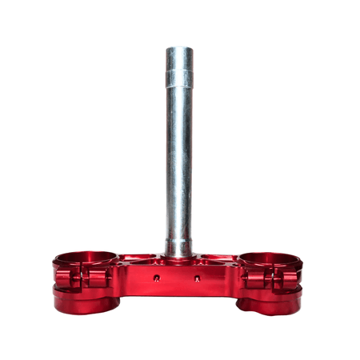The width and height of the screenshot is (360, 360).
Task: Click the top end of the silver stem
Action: (179, 50)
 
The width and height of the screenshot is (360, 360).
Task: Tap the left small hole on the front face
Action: (157, 278)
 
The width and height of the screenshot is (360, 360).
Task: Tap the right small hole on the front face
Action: (198, 278)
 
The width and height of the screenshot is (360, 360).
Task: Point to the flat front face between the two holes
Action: (178, 280)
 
